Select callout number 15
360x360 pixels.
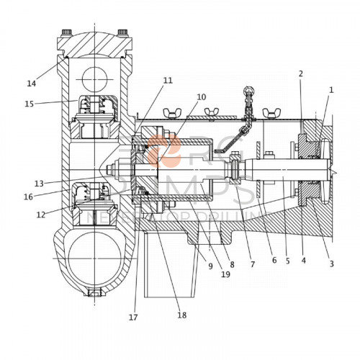coord(30,104)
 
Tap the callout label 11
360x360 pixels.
coord(167,81)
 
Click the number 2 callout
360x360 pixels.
coord(300,74)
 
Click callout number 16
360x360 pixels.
coord(28,196)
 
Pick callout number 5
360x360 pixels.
coord(287,261)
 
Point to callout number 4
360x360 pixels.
coord(303,261)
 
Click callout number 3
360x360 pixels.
coord(331,264)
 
